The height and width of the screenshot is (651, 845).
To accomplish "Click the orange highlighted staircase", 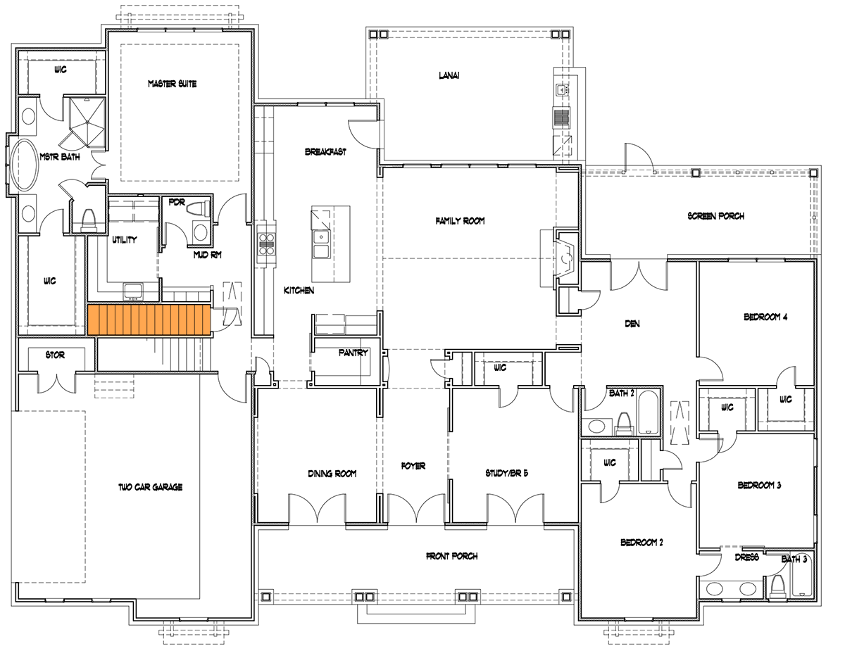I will point(149,320).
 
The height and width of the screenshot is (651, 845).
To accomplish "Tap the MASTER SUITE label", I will point(172,84).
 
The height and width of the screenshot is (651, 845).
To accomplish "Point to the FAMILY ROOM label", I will point(460,221).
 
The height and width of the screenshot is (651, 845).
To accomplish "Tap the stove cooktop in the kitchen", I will point(267,244).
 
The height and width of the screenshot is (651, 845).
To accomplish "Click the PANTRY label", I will point(353,353).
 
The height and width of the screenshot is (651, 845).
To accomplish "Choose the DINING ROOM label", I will point(332,474).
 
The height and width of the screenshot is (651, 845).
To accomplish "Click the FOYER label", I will point(413,466).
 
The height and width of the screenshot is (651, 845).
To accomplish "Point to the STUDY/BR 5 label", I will point(506,473).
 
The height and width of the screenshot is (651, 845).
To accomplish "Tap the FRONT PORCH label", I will point(451,556).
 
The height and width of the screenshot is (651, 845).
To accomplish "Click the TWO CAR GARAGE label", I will point(150,487).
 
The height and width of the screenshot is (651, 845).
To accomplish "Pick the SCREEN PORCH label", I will point(715,216).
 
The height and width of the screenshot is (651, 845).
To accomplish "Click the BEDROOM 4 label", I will point(765,317).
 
